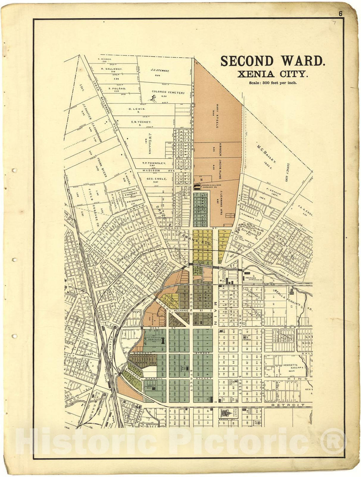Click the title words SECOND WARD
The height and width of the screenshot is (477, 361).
click(272, 61)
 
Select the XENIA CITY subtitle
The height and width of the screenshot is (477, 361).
click(272, 74)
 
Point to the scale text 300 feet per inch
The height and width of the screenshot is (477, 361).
click(272, 83)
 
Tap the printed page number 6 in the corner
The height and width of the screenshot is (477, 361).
click(340, 14)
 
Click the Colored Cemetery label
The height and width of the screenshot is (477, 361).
click(168, 92)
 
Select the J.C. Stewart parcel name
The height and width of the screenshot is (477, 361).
click(160, 71)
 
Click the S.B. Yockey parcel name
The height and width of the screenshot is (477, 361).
click(141, 122)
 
